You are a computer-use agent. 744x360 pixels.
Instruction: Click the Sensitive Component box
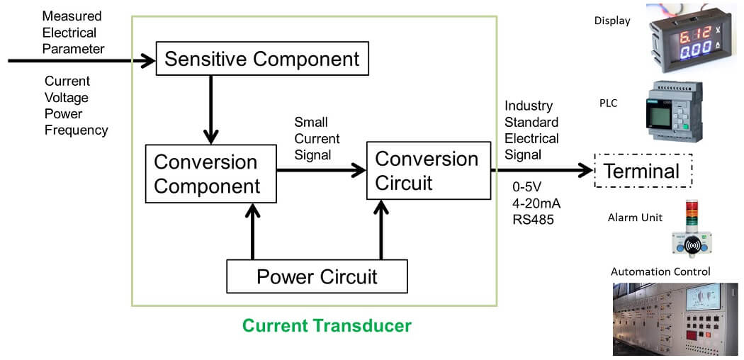pyautogui.click(x=262, y=58)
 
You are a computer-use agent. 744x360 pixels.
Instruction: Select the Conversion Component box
pyautogui.click(x=210, y=174)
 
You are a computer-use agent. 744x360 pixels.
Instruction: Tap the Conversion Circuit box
pyautogui.click(x=429, y=170)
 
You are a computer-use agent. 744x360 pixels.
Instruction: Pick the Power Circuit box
pyautogui.click(x=317, y=276)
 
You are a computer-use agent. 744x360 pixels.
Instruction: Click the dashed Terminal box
pyautogui.click(x=643, y=171)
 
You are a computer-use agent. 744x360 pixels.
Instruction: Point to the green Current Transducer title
pyautogui.click(x=327, y=326)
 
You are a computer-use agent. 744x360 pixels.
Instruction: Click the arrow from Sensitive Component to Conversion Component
pyautogui.click(x=210, y=110)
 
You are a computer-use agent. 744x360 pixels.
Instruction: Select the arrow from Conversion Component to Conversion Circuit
pyautogui.click(x=321, y=170)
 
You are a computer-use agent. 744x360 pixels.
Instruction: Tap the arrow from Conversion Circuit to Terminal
pyautogui.click(x=542, y=170)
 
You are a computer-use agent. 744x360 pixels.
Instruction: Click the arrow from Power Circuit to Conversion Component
pyautogui.click(x=252, y=231)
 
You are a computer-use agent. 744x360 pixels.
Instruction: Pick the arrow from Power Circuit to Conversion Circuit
pyautogui.click(x=381, y=230)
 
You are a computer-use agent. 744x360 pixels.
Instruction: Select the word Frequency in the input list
pyautogui.click(x=76, y=130)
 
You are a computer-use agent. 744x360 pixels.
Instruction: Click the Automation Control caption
pyautogui.click(x=660, y=272)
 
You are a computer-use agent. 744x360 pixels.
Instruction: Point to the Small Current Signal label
pyautogui.click(x=317, y=138)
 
